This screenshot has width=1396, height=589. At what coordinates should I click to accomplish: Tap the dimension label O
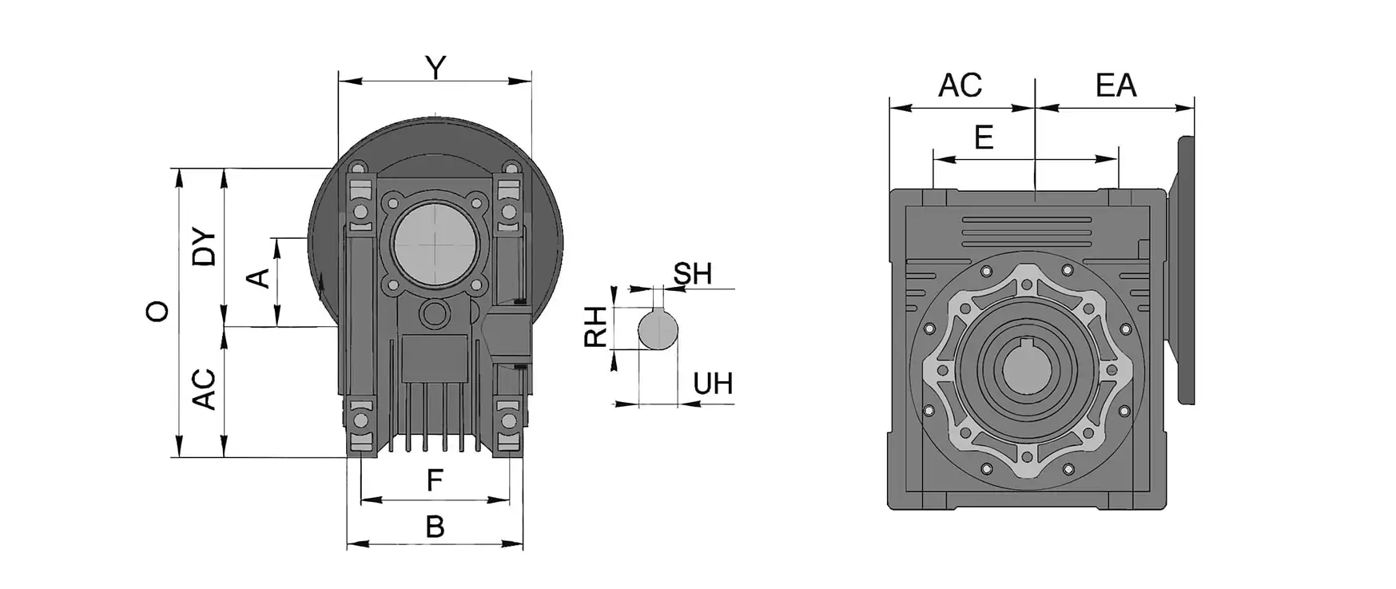[x=157, y=311]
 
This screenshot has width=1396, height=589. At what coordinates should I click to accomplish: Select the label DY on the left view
[x=205, y=248]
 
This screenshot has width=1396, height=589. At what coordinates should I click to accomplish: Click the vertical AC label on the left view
[x=205, y=389]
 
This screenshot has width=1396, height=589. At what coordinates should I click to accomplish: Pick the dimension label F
[x=435, y=480]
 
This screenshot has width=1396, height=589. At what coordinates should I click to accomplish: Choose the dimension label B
[x=435, y=527]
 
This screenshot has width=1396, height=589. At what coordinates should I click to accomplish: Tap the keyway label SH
[x=693, y=274]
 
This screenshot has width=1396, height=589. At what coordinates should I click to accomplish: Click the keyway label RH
[x=596, y=328]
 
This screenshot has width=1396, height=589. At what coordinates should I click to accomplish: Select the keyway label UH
[x=713, y=384]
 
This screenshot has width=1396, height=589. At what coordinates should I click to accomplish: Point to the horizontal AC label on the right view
[x=960, y=86]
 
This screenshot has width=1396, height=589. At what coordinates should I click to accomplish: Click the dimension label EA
[x=1116, y=86]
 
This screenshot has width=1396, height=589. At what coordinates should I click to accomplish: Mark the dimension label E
[x=984, y=138]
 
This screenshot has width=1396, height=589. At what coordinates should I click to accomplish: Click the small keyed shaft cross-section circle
[x=658, y=328]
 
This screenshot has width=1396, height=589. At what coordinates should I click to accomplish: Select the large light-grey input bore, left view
[x=435, y=243]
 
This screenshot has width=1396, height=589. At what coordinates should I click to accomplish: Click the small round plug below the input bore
[x=435, y=312]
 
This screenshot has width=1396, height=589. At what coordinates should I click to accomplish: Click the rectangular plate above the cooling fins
[x=434, y=359]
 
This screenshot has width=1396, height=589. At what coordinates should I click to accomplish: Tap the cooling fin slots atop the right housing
[x=1026, y=233]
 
